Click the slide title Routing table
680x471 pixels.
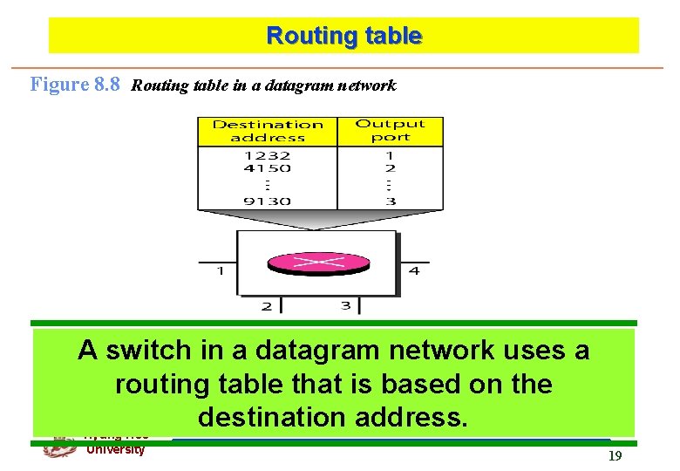[x=343, y=36]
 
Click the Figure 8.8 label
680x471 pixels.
[x=75, y=85]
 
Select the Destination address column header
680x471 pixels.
[x=268, y=131]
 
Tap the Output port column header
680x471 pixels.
[x=390, y=131]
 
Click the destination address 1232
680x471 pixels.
[x=268, y=156]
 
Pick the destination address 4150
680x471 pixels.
[x=268, y=168]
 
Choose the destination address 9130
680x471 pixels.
[x=268, y=201]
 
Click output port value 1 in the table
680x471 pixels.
[x=391, y=156]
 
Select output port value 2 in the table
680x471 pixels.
[x=391, y=168]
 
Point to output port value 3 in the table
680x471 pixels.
[x=391, y=201]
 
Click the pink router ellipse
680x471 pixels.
[x=318, y=262]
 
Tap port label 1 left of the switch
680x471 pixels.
[x=221, y=270]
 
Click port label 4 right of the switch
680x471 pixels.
[x=414, y=270]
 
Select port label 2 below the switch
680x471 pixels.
[x=267, y=305]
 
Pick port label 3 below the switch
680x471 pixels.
[x=345, y=305]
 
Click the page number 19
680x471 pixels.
[x=615, y=455]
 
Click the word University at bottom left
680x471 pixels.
[x=115, y=450]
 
